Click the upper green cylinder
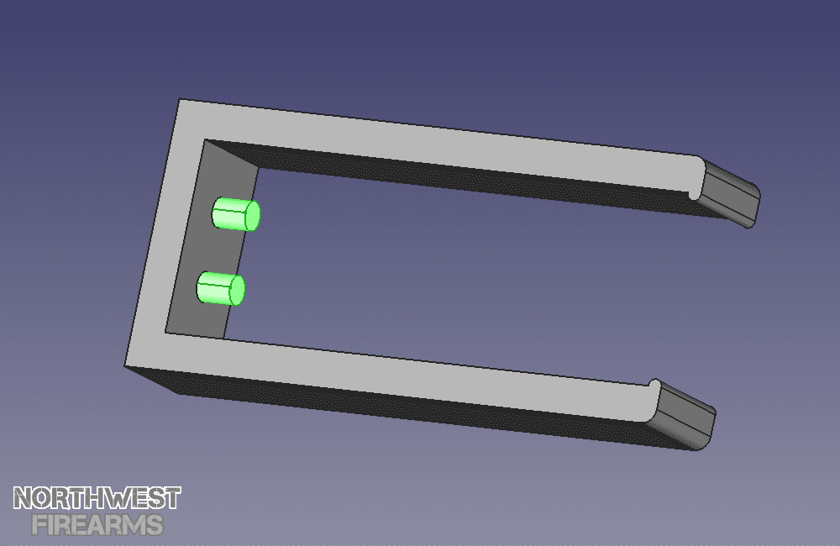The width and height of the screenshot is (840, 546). (236, 214)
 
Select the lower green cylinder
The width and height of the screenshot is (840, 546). (221, 288)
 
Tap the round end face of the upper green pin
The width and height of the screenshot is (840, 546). (252, 216)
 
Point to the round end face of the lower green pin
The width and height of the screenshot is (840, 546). (238, 291)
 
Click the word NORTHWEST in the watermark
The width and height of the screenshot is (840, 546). (97, 498)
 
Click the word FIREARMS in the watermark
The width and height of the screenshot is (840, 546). (97, 525)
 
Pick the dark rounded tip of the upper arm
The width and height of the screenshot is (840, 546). (730, 193)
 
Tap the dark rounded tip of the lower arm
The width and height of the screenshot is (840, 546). (685, 415)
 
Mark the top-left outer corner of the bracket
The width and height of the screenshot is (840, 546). (180, 99)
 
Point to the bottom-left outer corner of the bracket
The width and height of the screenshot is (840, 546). (125, 366)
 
